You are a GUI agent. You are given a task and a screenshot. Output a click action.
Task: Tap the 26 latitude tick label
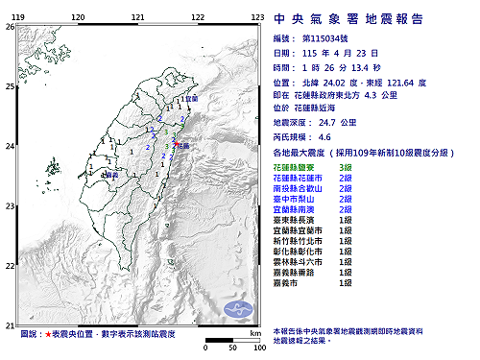[9, 27]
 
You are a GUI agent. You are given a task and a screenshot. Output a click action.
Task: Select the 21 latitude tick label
[9, 324]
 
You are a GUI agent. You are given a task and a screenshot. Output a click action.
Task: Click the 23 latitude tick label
[9, 205]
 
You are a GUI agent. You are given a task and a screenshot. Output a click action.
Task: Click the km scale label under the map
[255, 332]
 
